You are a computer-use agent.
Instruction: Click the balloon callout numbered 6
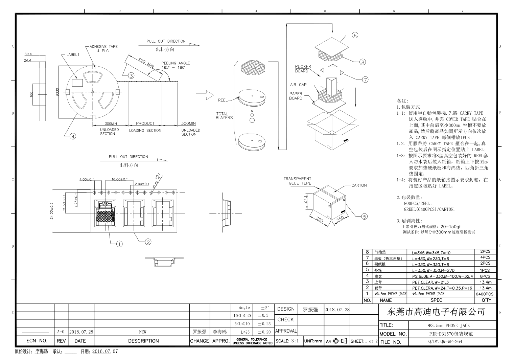[x=355, y=35]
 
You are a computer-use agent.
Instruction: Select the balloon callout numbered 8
[x=363, y=62]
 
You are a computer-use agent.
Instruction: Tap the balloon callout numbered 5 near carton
[x=364, y=217]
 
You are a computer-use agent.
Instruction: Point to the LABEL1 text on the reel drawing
[x=73, y=54]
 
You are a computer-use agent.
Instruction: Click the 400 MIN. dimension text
[x=146, y=63]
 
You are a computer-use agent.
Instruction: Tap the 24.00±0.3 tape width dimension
[x=52, y=210]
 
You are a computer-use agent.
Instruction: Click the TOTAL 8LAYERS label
[x=224, y=116]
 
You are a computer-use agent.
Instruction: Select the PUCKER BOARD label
[x=303, y=69]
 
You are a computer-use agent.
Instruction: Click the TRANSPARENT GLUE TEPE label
[x=297, y=181]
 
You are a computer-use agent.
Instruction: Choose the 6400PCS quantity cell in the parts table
[x=484, y=294]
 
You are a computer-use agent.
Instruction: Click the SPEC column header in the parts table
[x=436, y=300]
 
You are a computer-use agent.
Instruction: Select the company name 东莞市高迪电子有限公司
[x=436, y=312]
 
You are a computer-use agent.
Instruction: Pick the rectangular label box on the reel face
[x=78, y=83]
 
